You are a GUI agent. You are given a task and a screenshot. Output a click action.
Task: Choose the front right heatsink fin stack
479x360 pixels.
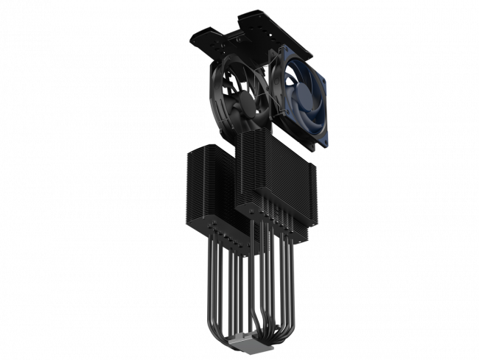[x=276, y=173]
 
